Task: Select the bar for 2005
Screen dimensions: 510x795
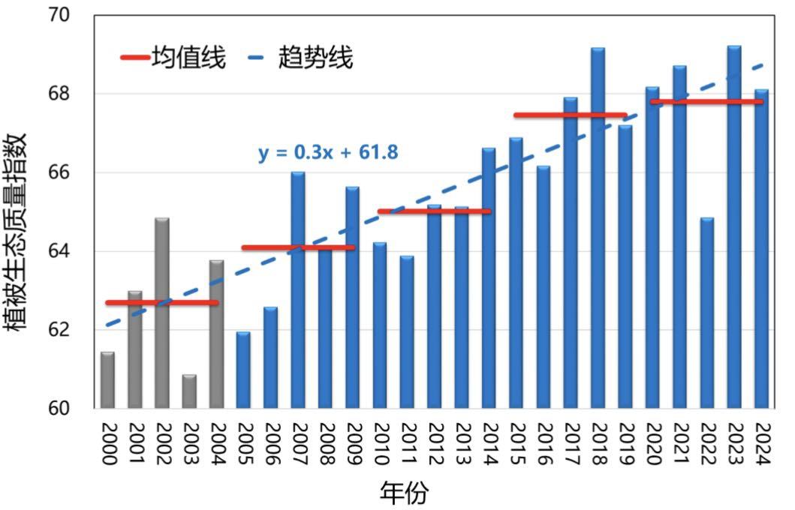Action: pyautogui.click(x=243, y=370)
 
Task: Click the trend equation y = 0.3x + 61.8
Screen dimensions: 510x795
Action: pyautogui.click(x=328, y=153)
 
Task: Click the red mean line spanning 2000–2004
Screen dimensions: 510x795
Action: pyautogui.click(x=162, y=302)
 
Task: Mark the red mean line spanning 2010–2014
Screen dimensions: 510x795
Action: pyautogui.click(x=434, y=211)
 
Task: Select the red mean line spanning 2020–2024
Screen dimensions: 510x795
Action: pyautogui.click(x=706, y=101)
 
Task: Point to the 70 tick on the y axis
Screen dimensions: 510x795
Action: pyautogui.click(x=75, y=15)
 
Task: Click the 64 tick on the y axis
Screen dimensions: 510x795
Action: pyautogui.click(x=75, y=251)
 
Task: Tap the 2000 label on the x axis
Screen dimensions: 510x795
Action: pyautogui.click(x=108, y=444)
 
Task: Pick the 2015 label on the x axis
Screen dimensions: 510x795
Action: pyautogui.click(x=516, y=444)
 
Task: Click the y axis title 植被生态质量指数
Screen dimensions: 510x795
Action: pyautogui.click(x=17, y=231)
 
